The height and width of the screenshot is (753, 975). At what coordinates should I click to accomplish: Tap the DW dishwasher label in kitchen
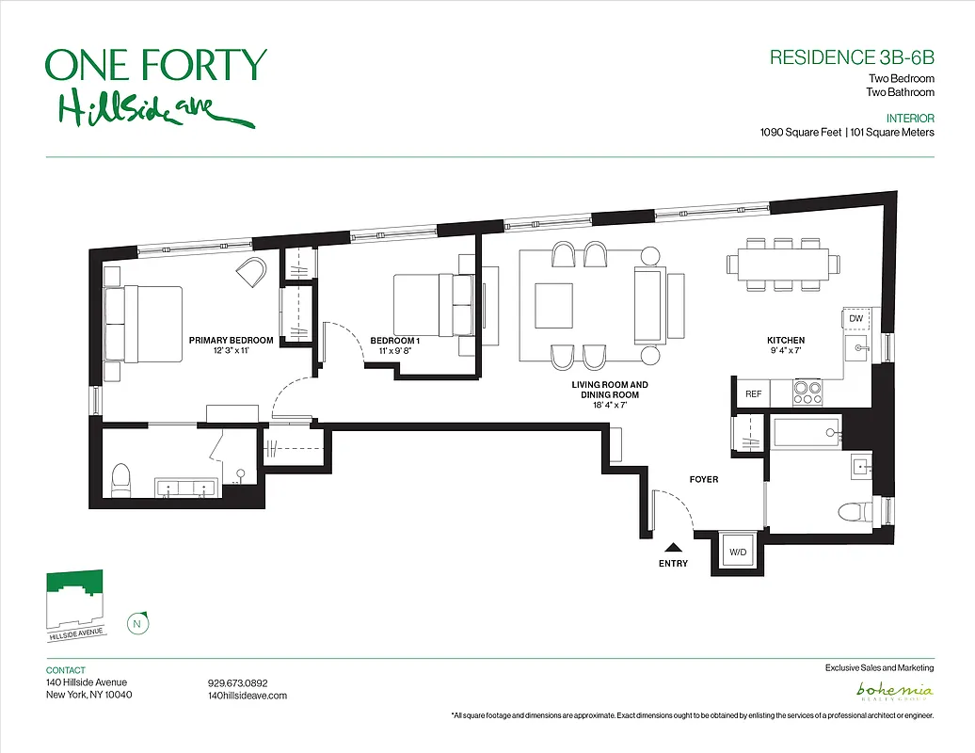point(855,319)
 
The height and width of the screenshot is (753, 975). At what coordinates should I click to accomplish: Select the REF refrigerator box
point(753,393)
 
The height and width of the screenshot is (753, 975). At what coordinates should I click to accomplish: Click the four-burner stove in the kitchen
point(807,393)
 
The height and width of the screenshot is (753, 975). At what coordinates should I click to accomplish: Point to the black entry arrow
point(673,547)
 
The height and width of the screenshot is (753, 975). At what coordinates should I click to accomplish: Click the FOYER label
point(703,480)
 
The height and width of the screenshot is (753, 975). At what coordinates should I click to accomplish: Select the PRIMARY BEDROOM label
point(231,341)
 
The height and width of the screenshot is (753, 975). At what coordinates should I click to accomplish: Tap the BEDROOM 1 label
point(394,341)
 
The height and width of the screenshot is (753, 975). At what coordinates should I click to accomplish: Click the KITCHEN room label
point(785,341)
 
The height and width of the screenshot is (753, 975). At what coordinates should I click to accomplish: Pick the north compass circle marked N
point(138,622)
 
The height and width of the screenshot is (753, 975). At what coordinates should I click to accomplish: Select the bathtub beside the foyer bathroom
point(807,433)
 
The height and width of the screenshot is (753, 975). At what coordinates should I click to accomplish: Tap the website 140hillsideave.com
point(247,696)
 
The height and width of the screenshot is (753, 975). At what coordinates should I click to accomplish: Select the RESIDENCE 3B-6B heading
point(851,56)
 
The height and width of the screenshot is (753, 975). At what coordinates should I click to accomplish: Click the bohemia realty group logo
point(894,692)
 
